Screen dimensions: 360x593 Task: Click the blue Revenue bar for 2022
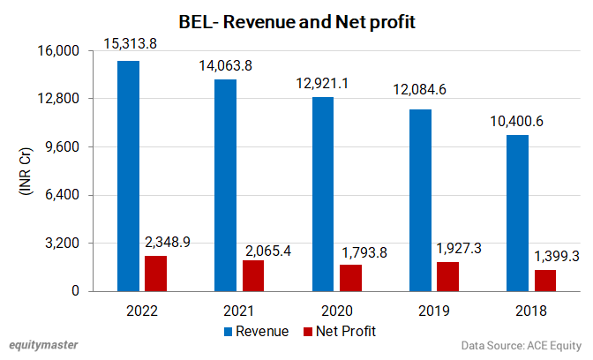pos(129,176)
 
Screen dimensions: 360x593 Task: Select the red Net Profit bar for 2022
pos(156,273)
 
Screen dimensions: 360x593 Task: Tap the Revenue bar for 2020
pos(323,193)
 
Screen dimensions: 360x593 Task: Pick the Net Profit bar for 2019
pos(448,276)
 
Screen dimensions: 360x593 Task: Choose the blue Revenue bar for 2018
pos(518,213)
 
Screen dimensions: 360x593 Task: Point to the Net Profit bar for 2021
pos(253,275)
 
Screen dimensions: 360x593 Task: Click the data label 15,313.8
pos(131,44)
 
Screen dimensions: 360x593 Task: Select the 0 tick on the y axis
pos(76,291)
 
